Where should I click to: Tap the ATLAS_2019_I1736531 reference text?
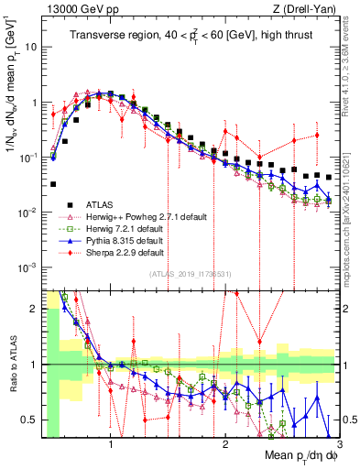click(190, 273)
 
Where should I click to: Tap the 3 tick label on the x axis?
click(339, 442)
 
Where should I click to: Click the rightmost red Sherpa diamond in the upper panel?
click(316, 135)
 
